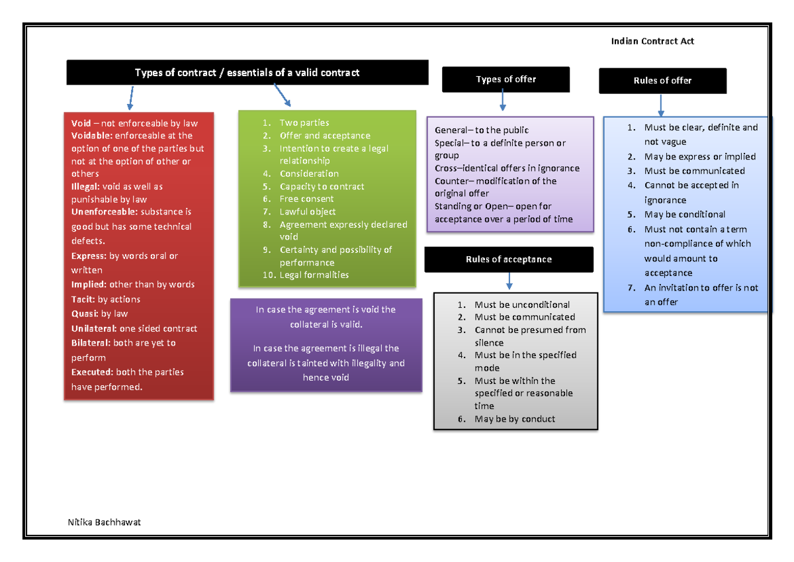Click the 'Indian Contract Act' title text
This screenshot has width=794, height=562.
click(x=652, y=41)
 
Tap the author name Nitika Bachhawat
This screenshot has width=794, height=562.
click(x=105, y=522)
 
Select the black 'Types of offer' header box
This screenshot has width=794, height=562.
click(x=506, y=79)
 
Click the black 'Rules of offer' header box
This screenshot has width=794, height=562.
click(x=662, y=81)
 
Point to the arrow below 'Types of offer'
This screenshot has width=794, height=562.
click(x=503, y=99)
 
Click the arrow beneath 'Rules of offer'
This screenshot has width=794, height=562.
click(x=661, y=105)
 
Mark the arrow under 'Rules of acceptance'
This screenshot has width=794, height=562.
click(x=508, y=281)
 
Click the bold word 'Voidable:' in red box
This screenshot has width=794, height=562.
click(x=92, y=136)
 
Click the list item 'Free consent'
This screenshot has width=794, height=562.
click(x=306, y=199)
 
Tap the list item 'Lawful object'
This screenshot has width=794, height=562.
click(x=308, y=212)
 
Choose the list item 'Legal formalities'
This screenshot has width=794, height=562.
click(x=314, y=275)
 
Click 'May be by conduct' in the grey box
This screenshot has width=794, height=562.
click(x=515, y=419)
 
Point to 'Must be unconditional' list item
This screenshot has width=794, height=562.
click(x=522, y=304)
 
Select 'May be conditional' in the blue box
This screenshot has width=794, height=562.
click(x=685, y=214)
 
